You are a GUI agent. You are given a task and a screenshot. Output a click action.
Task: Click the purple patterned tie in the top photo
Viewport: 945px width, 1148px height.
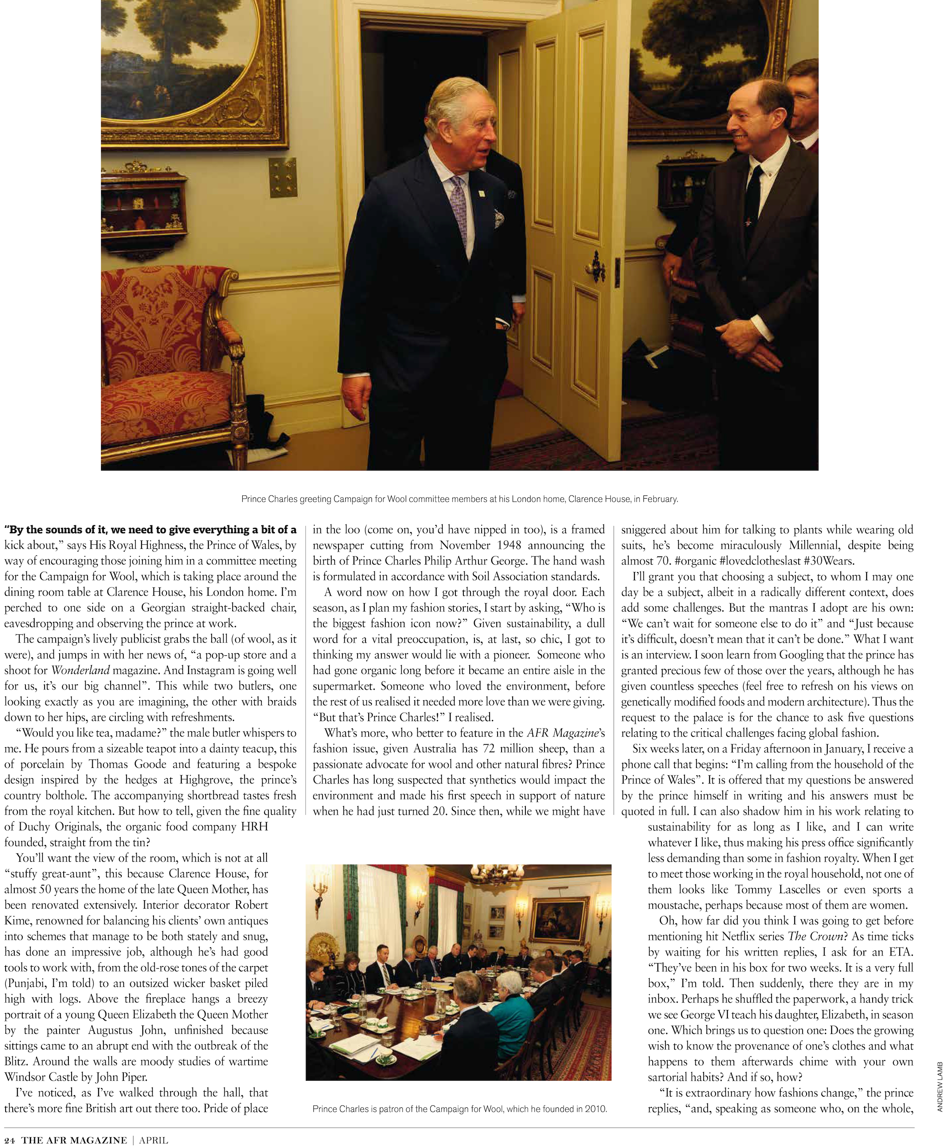pos(459,209)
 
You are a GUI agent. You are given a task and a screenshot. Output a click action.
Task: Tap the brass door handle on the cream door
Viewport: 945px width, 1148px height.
pos(596,267)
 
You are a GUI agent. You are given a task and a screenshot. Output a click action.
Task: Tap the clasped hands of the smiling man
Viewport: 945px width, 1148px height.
pos(745,341)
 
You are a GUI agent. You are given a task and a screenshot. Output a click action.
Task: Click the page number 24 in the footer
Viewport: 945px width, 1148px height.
pos(9,1140)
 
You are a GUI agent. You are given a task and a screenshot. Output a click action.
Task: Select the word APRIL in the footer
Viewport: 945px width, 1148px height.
pos(154,1140)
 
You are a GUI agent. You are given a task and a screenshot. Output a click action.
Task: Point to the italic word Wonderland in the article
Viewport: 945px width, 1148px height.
pos(80,670)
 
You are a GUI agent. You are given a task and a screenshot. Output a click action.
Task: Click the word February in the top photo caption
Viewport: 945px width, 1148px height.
pos(660,499)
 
